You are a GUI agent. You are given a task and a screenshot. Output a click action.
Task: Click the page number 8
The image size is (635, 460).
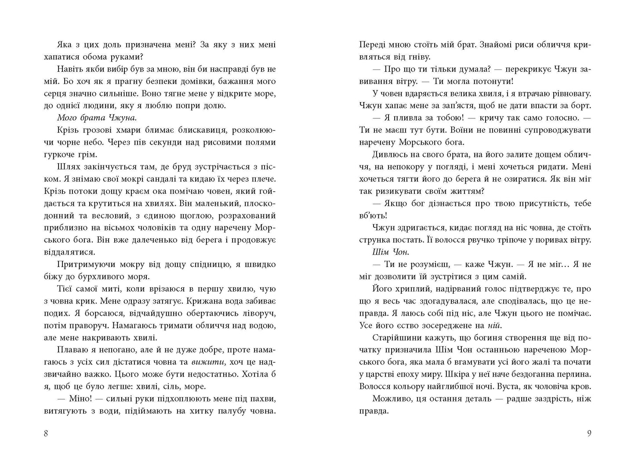tap(46, 434)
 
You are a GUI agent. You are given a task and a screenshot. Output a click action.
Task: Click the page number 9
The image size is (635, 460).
tap(589, 434)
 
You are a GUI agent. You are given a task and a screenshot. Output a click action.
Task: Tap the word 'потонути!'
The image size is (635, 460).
tap(493, 81)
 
